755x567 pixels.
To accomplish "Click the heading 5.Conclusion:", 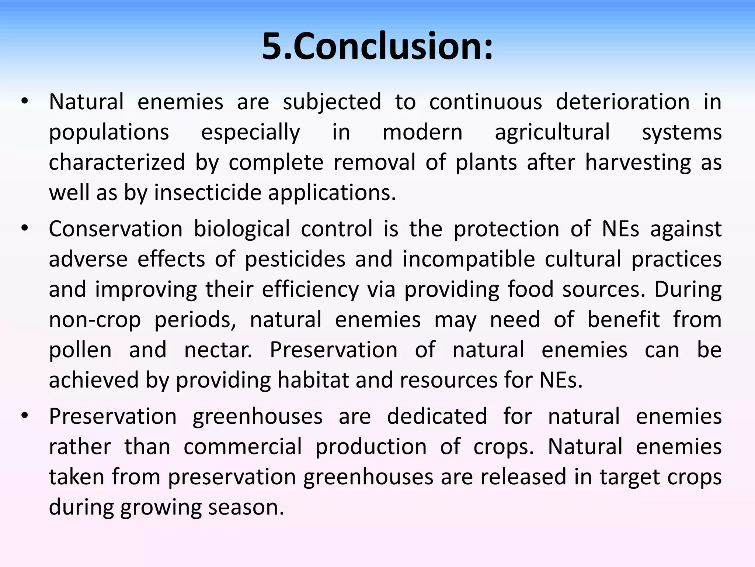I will tap(377, 47).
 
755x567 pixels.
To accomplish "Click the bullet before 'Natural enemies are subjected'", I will tap(24, 102).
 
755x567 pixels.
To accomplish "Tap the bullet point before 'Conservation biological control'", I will tap(24, 228).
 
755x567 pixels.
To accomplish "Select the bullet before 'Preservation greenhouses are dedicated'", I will tap(24, 416).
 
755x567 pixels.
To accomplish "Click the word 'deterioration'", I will tap(623, 102).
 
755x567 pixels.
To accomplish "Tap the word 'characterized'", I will tap(117, 162).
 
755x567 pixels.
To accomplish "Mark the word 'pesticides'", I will tap(295, 259).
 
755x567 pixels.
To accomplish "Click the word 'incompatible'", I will tap(469, 259).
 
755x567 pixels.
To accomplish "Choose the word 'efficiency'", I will tap(310, 289).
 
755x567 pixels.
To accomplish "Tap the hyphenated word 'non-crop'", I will tap(95, 320).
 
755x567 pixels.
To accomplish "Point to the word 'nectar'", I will tap(218, 350).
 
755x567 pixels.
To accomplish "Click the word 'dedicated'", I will tap(437, 416).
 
